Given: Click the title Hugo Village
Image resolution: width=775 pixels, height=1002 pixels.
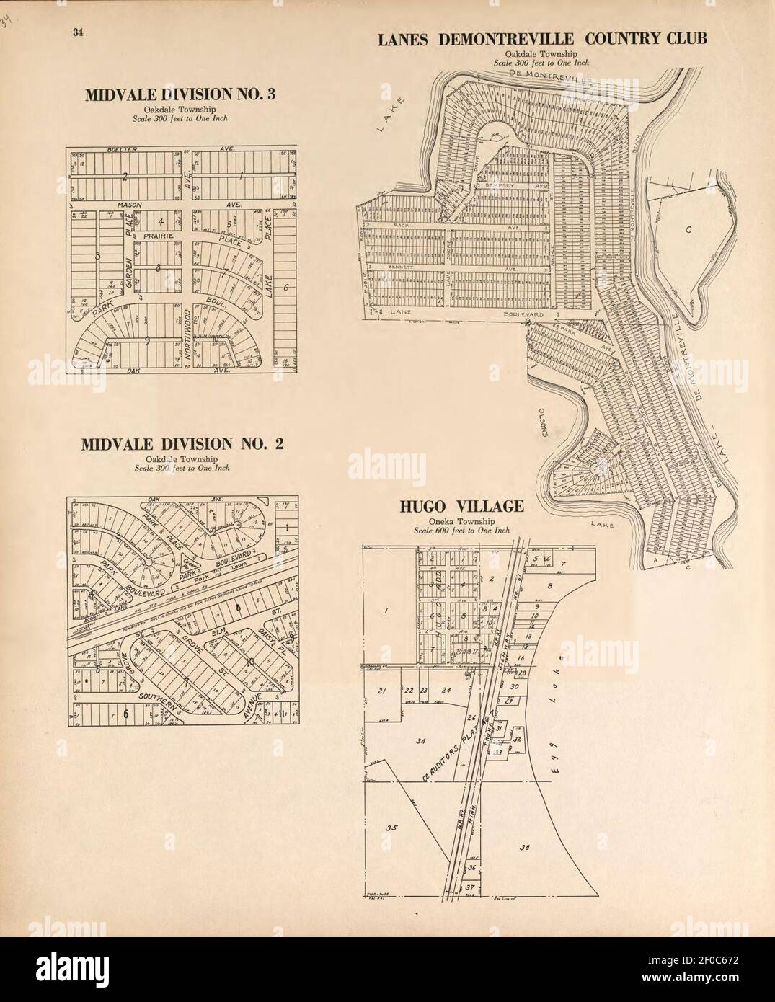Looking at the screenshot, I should (x=462, y=507).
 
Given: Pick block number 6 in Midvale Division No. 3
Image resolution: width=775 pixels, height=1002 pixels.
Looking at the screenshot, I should (x=286, y=288).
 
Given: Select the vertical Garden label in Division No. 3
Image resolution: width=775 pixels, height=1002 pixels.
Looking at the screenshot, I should (x=131, y=271).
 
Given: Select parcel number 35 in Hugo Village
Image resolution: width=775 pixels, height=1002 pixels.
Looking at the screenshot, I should (x=391, y=828).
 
